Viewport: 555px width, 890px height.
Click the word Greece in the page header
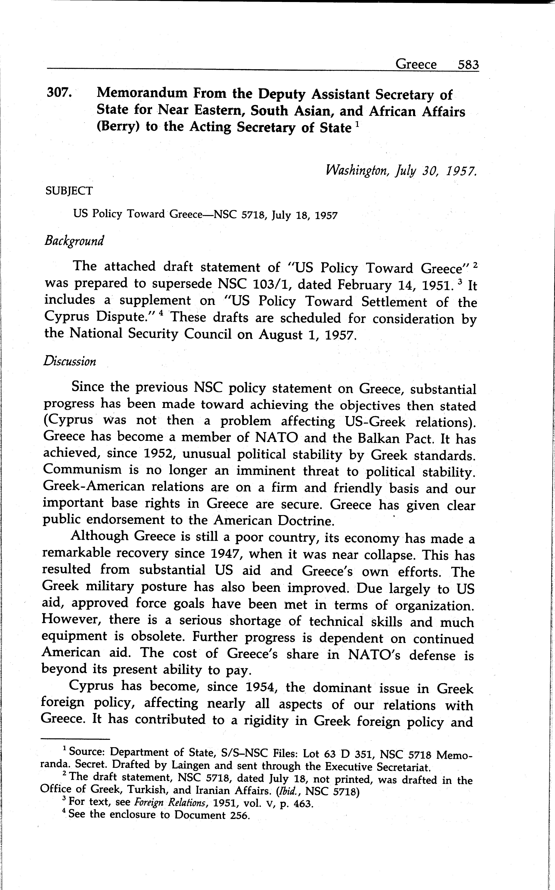click(x=416, y=65)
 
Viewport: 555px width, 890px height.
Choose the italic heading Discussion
click(x=70, y=361)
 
